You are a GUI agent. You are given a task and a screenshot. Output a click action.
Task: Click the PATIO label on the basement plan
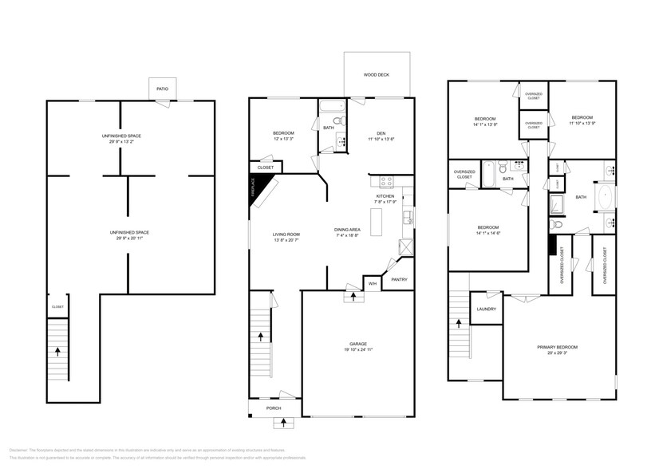[162, 89]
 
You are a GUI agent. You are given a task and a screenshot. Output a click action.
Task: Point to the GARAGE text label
[357, 344]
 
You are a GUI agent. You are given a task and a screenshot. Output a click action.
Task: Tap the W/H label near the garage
[372, 282]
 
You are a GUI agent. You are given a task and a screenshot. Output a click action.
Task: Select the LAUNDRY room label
[487, 309]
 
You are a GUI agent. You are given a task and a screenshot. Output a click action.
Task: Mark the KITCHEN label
[385, 196]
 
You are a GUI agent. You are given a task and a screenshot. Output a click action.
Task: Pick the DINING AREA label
[347, 230]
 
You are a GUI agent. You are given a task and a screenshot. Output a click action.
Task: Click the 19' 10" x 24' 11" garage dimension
[357, 350]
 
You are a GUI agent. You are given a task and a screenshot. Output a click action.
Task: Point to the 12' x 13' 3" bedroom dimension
[283, 139]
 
